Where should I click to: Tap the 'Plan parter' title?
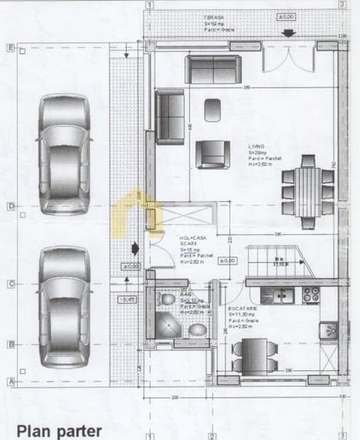[59, 430]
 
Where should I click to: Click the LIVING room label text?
[257, 146]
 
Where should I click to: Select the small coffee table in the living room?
[212, 110]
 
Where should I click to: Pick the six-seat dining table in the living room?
[308, 187]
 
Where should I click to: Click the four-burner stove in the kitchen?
[312, 295]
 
